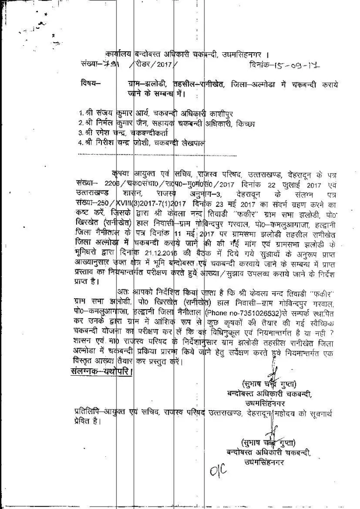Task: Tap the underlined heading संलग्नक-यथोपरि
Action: pos(102,371)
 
